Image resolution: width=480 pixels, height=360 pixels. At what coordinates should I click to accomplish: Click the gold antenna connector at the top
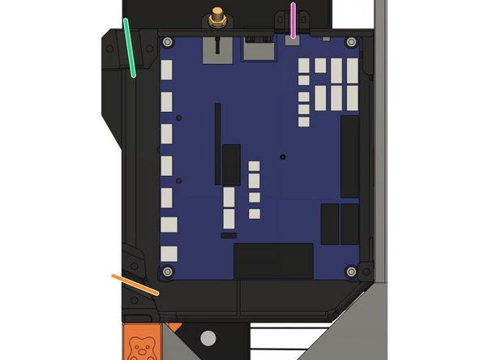click(x=216, y=17)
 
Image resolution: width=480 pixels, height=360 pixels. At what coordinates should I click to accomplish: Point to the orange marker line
click(x=135, y=284)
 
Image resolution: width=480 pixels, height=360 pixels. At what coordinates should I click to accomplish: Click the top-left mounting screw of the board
click(x=168, y=42)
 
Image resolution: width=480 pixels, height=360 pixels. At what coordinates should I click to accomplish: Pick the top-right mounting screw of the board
click(x=350, y=42)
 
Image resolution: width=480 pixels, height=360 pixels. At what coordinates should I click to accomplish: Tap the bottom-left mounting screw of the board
click(x=168, y=271)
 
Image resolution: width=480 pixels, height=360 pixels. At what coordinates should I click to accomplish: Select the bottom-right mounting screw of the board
click(x=350, y=271)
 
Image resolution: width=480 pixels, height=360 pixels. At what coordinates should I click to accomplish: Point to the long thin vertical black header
click(x=216, y=143)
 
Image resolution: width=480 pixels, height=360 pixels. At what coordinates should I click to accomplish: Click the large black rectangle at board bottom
click(x=273, y=260)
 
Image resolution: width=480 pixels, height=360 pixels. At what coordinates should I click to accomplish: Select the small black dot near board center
click(x=282, y=156)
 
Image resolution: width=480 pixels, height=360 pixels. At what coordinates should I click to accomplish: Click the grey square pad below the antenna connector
click(x=216, y=50)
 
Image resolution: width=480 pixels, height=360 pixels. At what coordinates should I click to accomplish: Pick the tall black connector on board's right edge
click(x=350, y=156)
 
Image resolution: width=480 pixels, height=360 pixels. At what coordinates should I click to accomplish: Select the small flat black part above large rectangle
click(x=229, y=235)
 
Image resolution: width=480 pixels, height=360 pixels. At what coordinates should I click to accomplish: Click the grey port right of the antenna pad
click(x=258, y=50)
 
